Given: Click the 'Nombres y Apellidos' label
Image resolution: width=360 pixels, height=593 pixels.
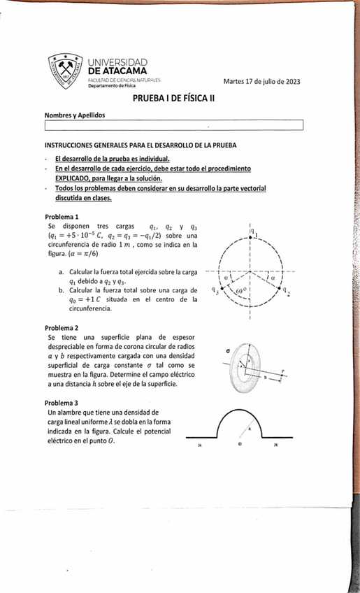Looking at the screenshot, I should tap(74, 114).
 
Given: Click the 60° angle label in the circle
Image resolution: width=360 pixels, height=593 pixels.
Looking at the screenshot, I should tap(240, 289).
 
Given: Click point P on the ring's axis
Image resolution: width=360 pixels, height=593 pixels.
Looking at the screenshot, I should tap(282, 374).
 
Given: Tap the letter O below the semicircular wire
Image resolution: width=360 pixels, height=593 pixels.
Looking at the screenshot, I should tap(240, 444).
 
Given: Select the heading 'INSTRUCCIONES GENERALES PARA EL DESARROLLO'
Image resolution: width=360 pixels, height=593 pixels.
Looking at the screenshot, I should tap(141, 145).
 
